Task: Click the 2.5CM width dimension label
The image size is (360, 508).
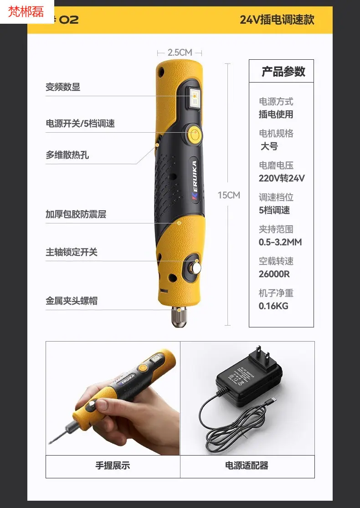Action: tap(180, 52)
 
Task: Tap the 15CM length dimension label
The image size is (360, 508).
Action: tap(229, 195)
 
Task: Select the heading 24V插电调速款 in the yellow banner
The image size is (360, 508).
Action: tap(277, 20)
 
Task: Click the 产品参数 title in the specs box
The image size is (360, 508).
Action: tap(283, 72)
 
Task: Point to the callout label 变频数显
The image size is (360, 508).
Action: tap(63, 87)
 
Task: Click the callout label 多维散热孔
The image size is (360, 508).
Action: tap(67, 155)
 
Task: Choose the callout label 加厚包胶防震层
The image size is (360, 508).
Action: tap(76, 214)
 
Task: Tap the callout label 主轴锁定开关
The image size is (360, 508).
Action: tap(71, 252)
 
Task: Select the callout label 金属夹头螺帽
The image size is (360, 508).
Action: tap(71, 301)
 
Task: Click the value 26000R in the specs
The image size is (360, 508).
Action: tap(274, 274)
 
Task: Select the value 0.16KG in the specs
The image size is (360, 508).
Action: tap(273, 306)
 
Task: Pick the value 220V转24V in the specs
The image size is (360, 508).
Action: tap(282, 178)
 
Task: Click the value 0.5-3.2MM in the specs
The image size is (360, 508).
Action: tap(280, 242)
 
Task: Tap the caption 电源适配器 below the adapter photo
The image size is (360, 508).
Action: tap(247, 466)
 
